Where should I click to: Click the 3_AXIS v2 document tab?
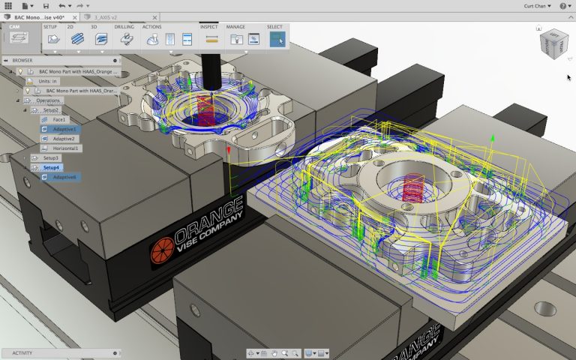point(104,16)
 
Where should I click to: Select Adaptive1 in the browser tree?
point(64,129)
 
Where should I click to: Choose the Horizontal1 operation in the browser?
point(67,148)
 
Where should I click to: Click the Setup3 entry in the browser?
point(50,158)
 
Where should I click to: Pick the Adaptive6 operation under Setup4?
point(64,177)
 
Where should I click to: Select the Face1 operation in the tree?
point(59,119)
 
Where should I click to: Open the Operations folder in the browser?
point(49,100)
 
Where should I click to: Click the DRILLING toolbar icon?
point(124,39)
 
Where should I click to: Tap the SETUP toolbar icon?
point(50,39)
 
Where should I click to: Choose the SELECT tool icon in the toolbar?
point(277,39)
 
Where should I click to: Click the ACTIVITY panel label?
point(22,352)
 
